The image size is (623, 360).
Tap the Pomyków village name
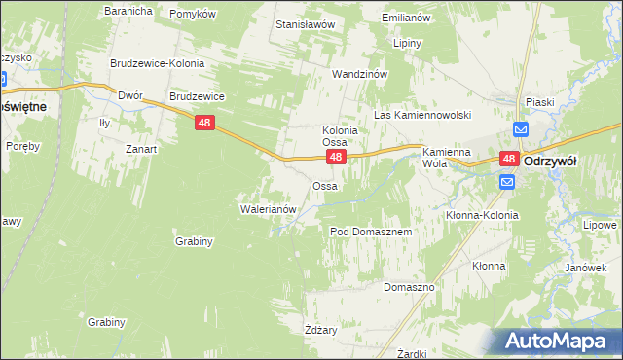point(193,14)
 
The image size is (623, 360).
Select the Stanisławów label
point(306,23)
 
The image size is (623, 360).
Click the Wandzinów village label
point(360,74)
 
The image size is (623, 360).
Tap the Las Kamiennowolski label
point(422,115)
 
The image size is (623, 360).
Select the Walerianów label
point(267,208)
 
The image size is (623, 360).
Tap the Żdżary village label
point(320,330)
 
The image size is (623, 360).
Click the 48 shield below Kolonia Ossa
point(335,157)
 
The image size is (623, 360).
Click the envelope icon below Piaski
point(520,129)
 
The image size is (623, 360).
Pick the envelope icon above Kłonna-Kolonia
point(507,182)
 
